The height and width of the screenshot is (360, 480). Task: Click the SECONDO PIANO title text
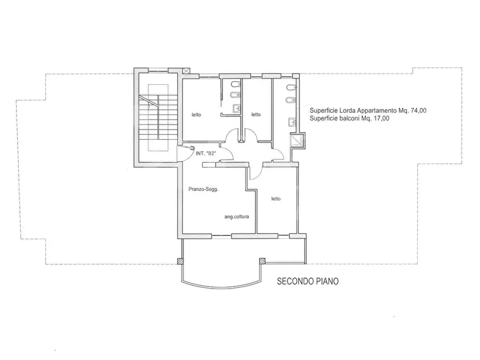[307, 281]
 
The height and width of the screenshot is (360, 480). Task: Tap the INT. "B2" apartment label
[206, 153]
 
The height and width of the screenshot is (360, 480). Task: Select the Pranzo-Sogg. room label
[204, 189]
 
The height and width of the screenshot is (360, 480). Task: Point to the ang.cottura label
[237, 217]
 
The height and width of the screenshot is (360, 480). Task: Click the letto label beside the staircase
[197, 115]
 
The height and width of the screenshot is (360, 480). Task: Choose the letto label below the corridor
[276, 199]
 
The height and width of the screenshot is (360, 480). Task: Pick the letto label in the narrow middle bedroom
[256, 114]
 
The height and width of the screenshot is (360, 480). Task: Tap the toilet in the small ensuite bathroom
[236, 84]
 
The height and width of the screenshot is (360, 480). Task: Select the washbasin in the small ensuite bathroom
[237, 109]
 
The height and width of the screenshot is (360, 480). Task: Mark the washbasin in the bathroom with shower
[292, 123]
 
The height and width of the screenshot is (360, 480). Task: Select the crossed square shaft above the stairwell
[186, 71]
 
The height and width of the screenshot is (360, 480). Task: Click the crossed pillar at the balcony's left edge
[180, 262]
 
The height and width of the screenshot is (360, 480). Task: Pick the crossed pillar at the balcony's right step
[262, 261]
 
